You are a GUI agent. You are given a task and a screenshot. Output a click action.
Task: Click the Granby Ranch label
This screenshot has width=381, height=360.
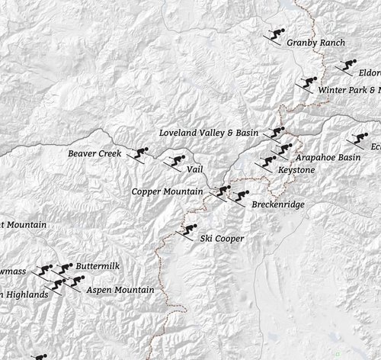tap(315, 43)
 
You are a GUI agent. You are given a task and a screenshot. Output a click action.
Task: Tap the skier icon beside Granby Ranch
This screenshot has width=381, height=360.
tap(275, 35)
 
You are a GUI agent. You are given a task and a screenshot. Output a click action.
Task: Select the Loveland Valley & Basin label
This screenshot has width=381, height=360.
tap(208, 133)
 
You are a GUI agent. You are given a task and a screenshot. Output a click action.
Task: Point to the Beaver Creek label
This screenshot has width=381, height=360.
tap(94, 153)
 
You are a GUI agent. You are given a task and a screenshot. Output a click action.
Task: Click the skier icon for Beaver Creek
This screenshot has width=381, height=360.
tap(139, 154)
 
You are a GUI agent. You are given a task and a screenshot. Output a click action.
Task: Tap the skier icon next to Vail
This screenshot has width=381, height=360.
tap(173, 162)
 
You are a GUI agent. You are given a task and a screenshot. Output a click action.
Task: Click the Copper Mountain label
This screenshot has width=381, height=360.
tap(167, 191)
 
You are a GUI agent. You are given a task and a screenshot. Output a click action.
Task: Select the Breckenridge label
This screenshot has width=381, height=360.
tap(277, 205)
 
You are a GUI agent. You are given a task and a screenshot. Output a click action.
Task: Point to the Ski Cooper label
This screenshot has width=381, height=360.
tap(222, 239)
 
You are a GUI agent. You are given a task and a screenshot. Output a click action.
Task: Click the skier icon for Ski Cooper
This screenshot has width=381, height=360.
tap(186, 231)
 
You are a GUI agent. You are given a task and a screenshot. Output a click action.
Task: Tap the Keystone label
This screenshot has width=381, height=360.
tap(296, 169)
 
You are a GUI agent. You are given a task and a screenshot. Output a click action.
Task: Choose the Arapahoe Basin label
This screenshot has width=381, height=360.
tap(328, 157)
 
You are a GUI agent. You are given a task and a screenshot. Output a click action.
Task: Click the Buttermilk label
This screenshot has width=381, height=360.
tap(98, 267)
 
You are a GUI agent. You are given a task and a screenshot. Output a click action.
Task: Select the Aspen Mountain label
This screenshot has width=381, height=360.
tap(120, 291)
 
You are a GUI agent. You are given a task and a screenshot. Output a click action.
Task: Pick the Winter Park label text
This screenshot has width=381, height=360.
tap(348, 90)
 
